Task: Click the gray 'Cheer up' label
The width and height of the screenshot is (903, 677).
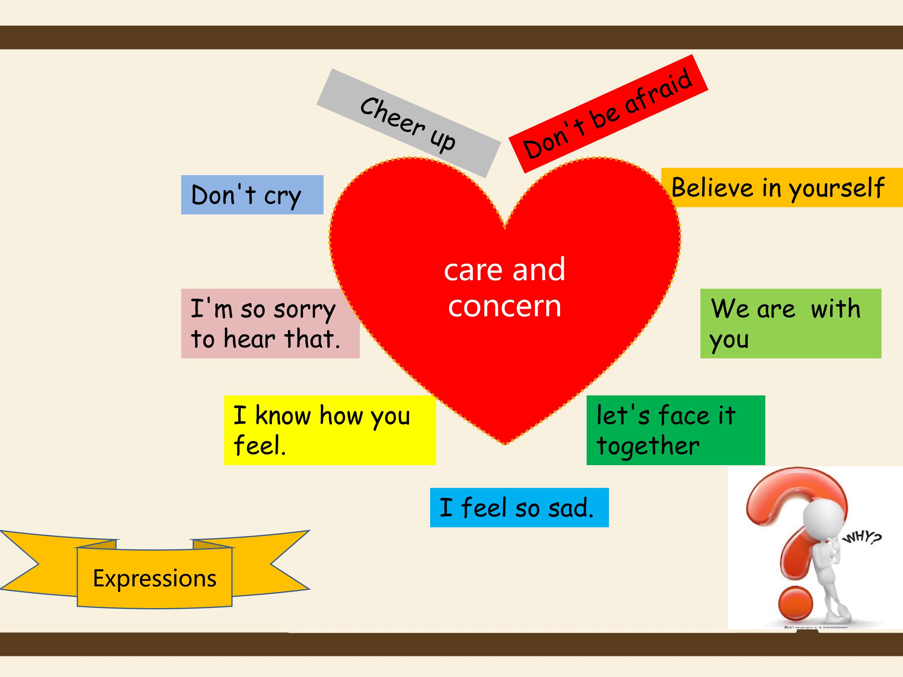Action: pyautogui.click(x=409, y=123)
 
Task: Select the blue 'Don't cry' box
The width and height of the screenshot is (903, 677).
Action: pyautogui.click(x=252, y=195)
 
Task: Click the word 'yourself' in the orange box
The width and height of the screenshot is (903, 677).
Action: pyautogui.click(x=837, y=189)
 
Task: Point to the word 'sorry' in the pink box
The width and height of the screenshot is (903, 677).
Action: pyautogui.click(x=304, y=310)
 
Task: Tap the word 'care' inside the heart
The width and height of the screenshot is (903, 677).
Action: pyautogui.click(x=473, y=270)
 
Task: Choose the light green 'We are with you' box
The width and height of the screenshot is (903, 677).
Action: pyautogui.click(x=791, y=323)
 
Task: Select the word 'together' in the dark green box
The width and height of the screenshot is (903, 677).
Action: pyautogui.click(x=648, y=446)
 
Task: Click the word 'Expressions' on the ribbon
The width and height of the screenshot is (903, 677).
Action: pyautogui.click(x=155, y=578)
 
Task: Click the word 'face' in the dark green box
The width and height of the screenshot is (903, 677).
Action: pyautogui.click(x=684, y=415)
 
